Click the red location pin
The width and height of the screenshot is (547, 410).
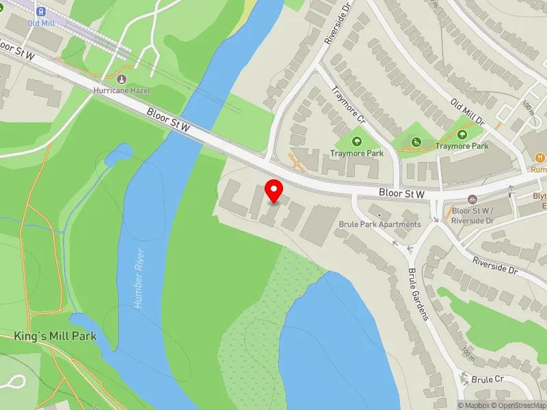pos(274,191)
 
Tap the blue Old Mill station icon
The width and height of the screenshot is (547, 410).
pos(41,11)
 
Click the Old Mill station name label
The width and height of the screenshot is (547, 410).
pos(41,23)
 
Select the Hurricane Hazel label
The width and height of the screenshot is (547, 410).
pos(121,90)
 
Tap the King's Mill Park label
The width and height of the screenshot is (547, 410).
pos(55,336)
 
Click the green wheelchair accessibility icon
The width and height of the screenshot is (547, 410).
pos(416,142)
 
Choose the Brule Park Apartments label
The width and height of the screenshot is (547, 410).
pos(379,224)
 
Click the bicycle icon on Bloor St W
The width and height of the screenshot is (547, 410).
pos(472,200)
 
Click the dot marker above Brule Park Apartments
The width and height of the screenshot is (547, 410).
pos(380,216)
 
